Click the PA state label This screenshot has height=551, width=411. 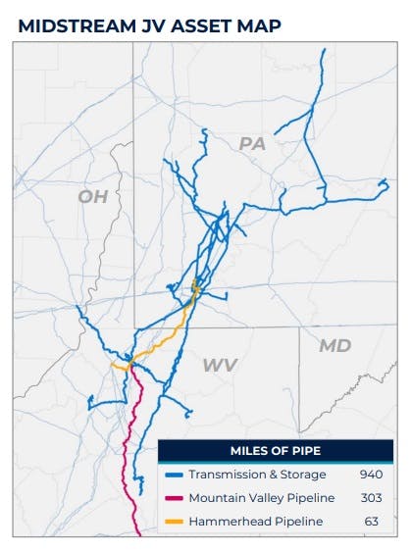(253, 144)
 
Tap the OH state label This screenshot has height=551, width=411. (92, 197)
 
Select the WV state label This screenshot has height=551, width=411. (220, 365)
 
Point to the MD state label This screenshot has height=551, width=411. (334, 345)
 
